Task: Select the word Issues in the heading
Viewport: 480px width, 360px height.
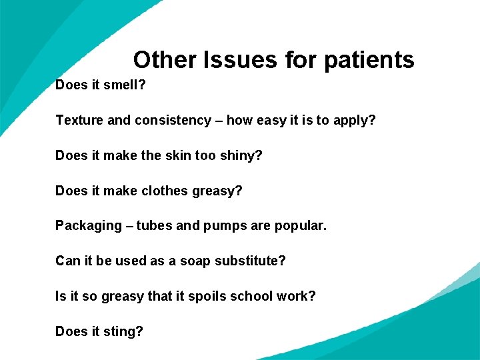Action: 244,60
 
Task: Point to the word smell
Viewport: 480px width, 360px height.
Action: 125,85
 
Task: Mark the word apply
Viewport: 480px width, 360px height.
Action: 357,121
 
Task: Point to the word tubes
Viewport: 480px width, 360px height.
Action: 154,226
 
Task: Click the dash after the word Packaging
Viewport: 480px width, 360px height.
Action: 129,226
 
